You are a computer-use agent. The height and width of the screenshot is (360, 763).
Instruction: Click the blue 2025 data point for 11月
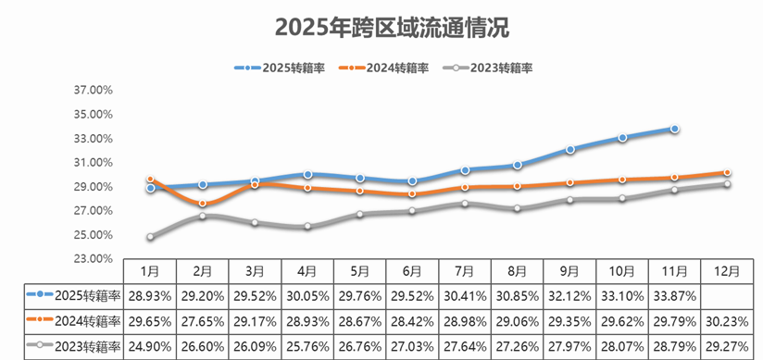(x=675, y=129)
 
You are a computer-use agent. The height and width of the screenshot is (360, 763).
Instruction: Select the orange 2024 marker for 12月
(x=728, y=173)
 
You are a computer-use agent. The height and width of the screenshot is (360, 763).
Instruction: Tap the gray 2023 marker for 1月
(x=150, y=237)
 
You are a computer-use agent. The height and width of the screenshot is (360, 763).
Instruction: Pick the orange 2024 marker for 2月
(x=203, y=204)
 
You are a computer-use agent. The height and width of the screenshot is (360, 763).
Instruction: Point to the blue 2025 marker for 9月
(x=569, y=149)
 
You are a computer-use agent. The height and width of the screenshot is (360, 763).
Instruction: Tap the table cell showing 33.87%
(x=675, y=297)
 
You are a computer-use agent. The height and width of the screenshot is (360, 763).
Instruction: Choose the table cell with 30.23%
(x=728, y=322)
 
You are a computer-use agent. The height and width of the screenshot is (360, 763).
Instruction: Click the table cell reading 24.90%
(x=149, y=347)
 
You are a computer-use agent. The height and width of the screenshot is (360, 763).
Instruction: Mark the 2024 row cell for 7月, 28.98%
(x=465, y=322)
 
